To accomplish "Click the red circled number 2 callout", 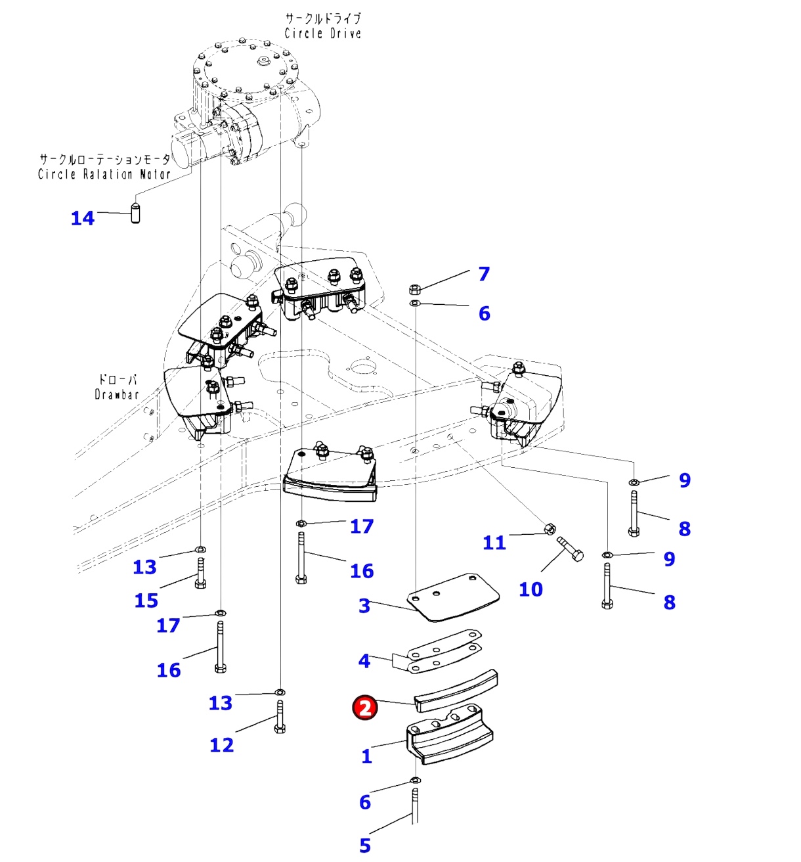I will click(x=365, y=707).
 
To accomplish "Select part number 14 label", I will click(x=83, y=218).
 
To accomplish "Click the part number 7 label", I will click(x=484, y=273).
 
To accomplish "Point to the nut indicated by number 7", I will click(x=414, y=288).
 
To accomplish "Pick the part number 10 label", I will click(x=530, y=589).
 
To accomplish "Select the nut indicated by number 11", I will click(x=551, y=528).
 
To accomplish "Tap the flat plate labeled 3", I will click(x=453, y=597).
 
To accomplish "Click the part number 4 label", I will click(x=364, y=660).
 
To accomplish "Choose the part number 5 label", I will click(x=365, y=846).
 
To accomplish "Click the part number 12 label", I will click(x=221, y=745).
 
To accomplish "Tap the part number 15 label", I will click(x=146, y=600).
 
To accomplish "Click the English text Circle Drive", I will click(x=322, y=34).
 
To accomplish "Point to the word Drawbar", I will click(x=117, y=395).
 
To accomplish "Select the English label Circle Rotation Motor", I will click(x=104, y=174).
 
